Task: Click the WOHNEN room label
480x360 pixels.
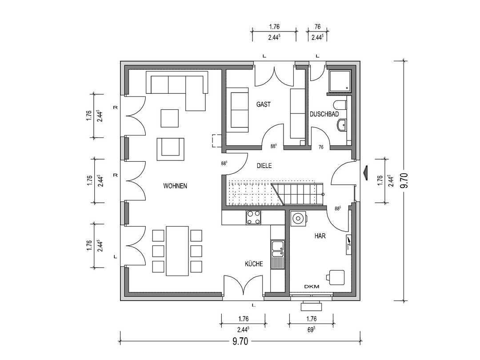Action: click(x=175, y=186)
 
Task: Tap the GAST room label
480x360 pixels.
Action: click(x=264, y=104)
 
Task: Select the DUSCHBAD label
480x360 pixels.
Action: click(x=324, y=114)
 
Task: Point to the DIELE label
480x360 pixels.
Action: click(x=264, y=166)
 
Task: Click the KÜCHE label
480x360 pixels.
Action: click(x=254, y=264)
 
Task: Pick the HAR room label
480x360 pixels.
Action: click(x=320, y=236)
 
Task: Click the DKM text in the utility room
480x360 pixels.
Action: click(x=312, y=287)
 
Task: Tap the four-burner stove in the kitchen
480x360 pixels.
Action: click(x=253, y=218)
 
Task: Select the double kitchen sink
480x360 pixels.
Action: click(x=278, y=254)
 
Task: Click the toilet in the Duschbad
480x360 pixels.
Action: click(x=341, y=105)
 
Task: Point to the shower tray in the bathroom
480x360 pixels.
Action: click(x=340, y=81)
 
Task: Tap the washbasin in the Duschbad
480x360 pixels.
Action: click(x=342, y=124)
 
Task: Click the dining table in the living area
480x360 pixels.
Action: click(x=177, y=251)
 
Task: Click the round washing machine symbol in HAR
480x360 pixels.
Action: click(x=298, y=218)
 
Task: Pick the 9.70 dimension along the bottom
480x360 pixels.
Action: click(x=240, y=341)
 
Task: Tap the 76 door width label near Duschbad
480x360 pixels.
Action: click(x=321, y=147)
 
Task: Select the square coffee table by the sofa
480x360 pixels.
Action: click(x=170, y=118)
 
